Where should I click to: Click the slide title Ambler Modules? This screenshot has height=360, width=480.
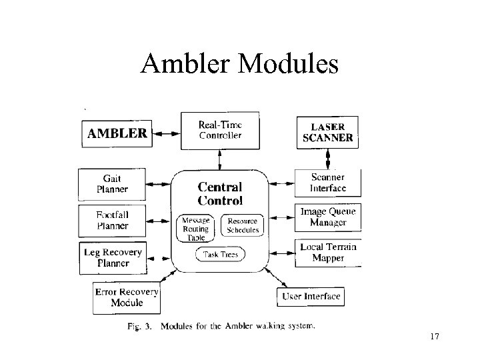[x=239, y=65]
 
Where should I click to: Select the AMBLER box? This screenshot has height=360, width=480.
[x=117, y=133]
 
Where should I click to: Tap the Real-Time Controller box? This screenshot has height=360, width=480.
[x=221, y=130]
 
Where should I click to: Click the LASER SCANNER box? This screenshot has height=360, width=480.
[x=327, y=133]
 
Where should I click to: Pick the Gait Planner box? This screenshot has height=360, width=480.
[x=112, y=183]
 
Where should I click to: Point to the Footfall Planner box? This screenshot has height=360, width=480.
[x=112, y=220]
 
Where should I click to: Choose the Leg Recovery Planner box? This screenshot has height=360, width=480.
[x=112, y=257]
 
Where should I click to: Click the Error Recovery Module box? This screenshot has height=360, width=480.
[x=127, y=297]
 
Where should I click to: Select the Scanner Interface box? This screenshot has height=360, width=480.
[x=328, y=183]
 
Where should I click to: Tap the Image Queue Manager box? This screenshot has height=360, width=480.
[x=328, y=217]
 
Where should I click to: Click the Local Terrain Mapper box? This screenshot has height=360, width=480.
[x=328, y=252]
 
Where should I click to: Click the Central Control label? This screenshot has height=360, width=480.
[x=220, y=193]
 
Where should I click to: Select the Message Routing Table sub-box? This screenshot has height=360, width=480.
[x=196, y=229]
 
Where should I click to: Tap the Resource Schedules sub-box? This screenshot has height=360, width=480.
[x=243, y=226]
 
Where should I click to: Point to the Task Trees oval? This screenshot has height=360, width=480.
[x=220, y=254]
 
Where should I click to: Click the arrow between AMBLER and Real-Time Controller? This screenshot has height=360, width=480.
[x=167, y=133]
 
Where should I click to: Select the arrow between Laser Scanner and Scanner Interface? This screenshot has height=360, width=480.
[x=327, y=159]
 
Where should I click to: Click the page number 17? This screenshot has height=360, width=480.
[x=435, y=337]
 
